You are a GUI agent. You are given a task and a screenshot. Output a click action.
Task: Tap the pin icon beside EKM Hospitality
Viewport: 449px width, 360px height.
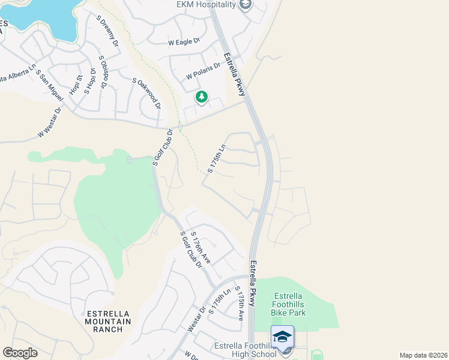point(245,5)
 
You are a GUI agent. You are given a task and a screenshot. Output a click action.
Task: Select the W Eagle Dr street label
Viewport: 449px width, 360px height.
point(184,43)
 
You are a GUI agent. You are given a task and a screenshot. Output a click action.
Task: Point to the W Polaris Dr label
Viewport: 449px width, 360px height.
point(203,75)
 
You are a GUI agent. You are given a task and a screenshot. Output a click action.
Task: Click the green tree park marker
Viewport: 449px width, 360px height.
point(202,97)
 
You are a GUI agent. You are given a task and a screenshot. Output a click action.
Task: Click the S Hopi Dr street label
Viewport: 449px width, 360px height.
point(92,82)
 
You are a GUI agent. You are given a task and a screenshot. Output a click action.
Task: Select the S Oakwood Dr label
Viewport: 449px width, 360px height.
point(147,93)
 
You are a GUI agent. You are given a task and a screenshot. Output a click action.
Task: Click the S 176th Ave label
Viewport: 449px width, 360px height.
point(200,247)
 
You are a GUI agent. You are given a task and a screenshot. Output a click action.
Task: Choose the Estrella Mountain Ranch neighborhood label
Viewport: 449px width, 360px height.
point(108,322)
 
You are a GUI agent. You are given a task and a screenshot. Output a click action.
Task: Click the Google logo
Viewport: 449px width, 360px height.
point(20,353)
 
